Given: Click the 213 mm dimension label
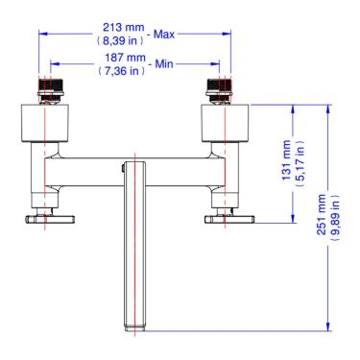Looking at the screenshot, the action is tap(123, 28).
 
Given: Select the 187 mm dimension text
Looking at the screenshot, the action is tap(125, 58).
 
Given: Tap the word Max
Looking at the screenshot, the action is tap(164, 35).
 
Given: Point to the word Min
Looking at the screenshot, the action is tap(164, 64).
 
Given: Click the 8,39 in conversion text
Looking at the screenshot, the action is tap(120, 40).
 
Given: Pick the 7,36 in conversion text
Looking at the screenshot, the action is tap(122, 71).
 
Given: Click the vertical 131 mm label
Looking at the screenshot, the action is tap(287, 160).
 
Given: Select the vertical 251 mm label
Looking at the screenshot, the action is tap(322, 214).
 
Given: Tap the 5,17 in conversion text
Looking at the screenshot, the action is tap(300, 163).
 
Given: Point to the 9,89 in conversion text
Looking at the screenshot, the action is tap(334, 218).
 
